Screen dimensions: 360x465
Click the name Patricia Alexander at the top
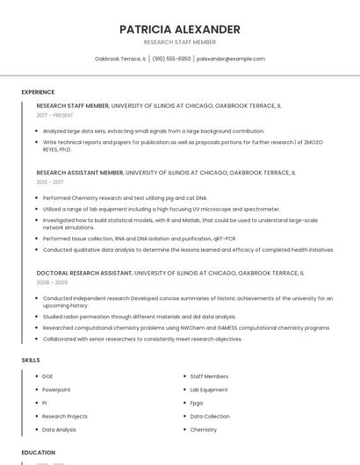point(179,29)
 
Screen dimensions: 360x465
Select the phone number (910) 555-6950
point(171,59)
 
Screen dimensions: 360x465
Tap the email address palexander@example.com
point(230,59)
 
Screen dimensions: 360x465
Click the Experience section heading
point(38,91)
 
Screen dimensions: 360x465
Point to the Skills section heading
point(31,360)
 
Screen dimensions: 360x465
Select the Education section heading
point(38,452)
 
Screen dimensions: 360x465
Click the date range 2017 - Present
point(56,115)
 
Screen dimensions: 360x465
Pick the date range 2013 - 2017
point(50,182)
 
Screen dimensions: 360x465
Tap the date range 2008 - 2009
point(52,283)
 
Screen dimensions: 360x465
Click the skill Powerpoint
point(56,389)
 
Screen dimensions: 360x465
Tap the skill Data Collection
point(210,416)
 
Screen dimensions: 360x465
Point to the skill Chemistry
point(204,430)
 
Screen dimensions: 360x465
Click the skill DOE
point(47,376)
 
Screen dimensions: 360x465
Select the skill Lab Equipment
point(209,389)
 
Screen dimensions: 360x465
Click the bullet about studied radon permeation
point(139,317)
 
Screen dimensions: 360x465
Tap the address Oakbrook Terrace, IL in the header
point(120,59)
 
